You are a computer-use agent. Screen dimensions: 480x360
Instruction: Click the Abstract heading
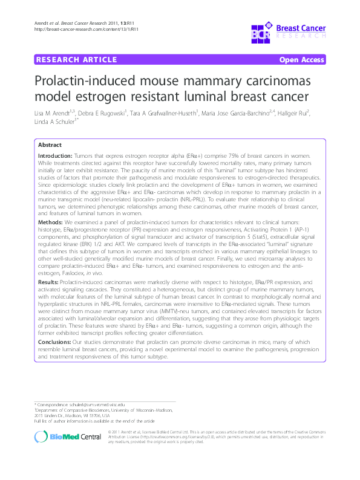tap(50, 146)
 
